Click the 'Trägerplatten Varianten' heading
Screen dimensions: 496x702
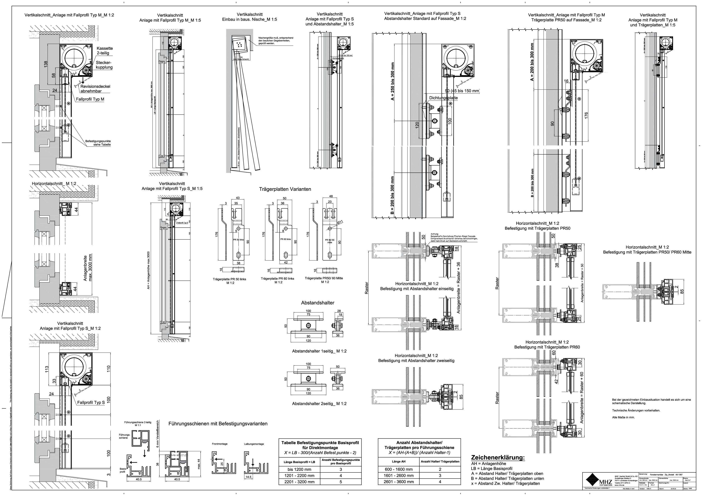point(285,189)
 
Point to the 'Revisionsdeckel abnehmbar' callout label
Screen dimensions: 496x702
point(95,89)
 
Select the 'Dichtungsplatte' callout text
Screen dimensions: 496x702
point(443,98)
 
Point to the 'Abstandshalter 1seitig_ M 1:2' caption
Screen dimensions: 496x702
point(319,351)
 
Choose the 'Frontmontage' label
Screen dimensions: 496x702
point(220,444)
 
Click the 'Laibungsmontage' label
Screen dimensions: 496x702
point(254,444)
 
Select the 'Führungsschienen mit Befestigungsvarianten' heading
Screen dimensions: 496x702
point(218,424)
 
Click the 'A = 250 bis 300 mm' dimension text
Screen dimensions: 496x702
point(393,82)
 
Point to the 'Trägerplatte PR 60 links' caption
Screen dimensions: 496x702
point(277,279)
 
